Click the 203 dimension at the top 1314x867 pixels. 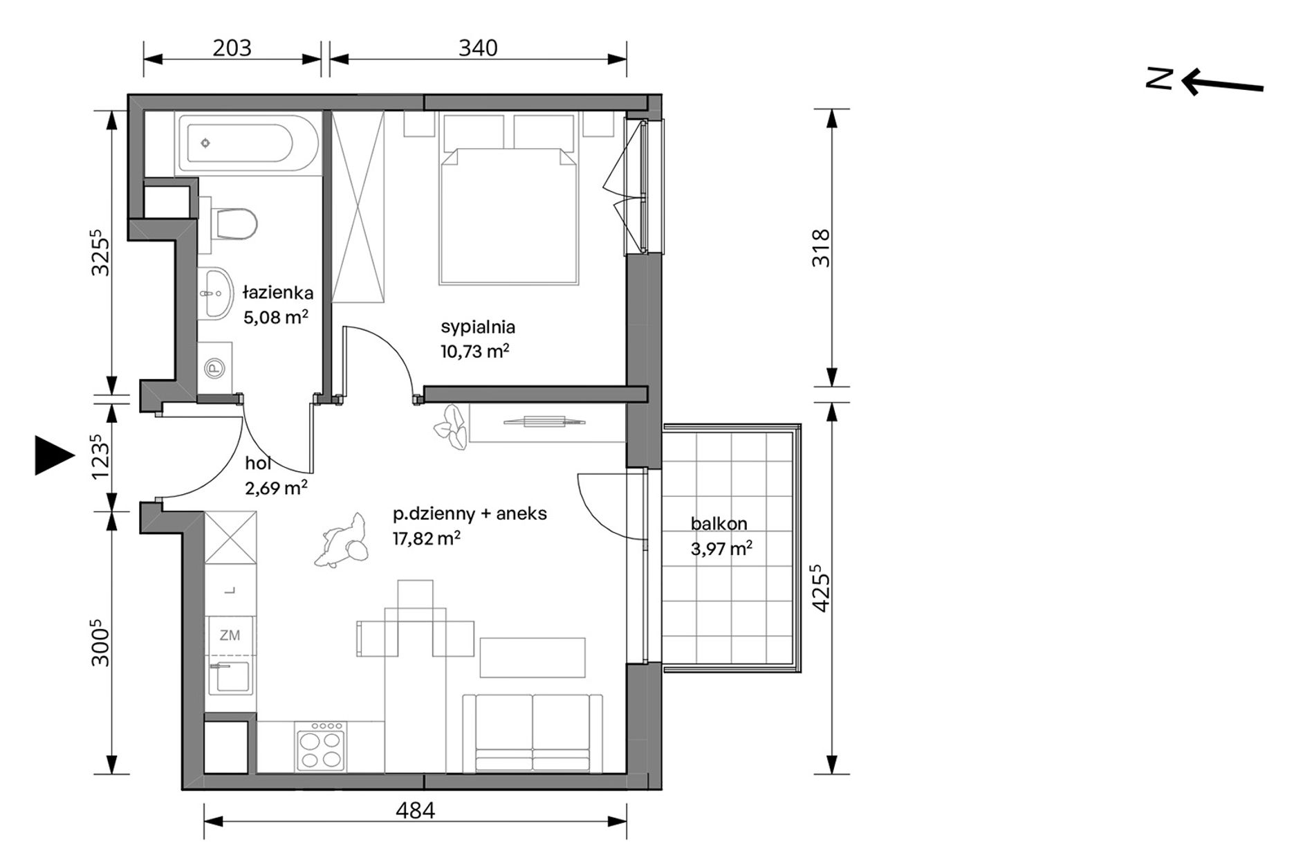click(232, 48)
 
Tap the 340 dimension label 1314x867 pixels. click(478, 48)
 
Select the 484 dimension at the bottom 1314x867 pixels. click(416, 810)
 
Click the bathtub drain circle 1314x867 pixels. click(205, 143)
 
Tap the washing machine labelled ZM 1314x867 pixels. click(230, 635)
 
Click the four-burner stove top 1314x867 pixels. click(320, 747)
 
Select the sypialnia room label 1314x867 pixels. click(478, 327)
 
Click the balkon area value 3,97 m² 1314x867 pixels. click(721, 548)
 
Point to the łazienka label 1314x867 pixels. click(278, 293)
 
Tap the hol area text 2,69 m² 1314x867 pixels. click(277, 487)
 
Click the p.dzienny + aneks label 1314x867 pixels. click(470, 513)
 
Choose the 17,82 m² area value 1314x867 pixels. click(427, 538)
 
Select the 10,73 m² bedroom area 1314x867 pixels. click(475, 351)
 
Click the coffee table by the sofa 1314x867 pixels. click(533, 657)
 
